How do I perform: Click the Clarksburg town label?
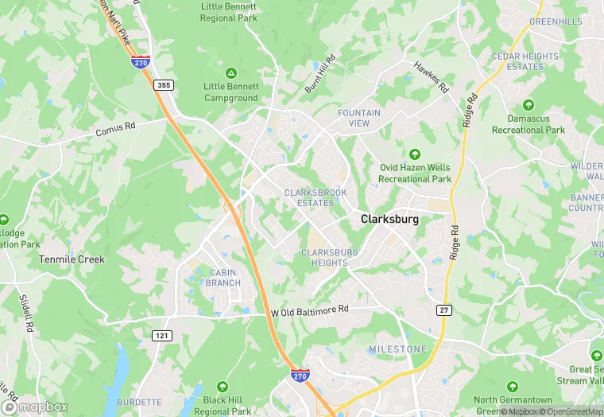390,219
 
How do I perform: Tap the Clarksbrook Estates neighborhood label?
310,197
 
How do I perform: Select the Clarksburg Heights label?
329,258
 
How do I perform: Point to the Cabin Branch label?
223,278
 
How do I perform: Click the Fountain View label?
359,118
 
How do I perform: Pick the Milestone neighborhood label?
397,350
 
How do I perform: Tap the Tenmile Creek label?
72,259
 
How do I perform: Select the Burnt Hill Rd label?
321,72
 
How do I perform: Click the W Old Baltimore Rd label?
310,310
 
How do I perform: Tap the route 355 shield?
163,84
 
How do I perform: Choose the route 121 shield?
161,336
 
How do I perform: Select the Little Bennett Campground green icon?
230,72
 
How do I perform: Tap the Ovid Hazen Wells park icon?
414,154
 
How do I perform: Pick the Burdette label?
139,403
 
